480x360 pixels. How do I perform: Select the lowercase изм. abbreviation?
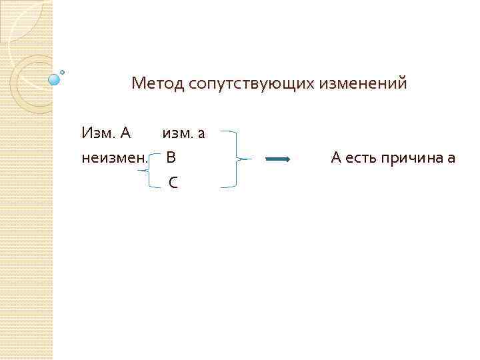177,133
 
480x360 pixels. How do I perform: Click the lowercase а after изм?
201,134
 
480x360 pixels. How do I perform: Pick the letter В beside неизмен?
171,158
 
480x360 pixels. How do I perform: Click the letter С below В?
173,182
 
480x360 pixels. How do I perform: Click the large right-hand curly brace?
235,159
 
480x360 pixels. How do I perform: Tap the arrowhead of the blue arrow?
287,159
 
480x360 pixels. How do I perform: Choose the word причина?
413,158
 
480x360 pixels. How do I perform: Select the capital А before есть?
336,158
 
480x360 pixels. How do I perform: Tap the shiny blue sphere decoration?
54,79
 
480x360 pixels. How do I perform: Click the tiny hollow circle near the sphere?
63,71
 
